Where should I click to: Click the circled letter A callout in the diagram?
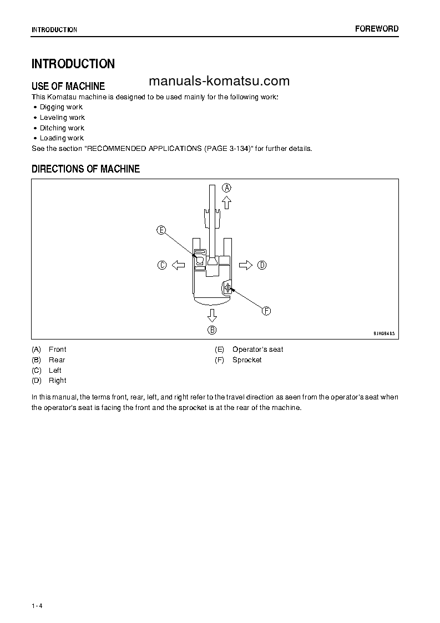click(x=226, y=188)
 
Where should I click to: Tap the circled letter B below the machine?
click(x=212, y=330)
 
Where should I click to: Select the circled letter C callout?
click(x=162, y=265)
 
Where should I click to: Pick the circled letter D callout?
click(x=262, y=265)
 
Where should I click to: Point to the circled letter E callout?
click(x=161, y=230)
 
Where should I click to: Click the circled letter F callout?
click(x=266, y=311)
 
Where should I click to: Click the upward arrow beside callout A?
click(x=226, y=202)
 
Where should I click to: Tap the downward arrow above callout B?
click(x=212, y=316)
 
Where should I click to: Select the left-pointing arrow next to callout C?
click(x=178, y=265)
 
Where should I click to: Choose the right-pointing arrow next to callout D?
click(x=246, y=265)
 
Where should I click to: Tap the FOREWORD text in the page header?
click(x=377, y=29)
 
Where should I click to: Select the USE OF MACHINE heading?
click(x=68, y=86)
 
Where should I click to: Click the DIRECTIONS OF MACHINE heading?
click(x=85, y=169)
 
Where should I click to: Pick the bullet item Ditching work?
click(x=62, y=128)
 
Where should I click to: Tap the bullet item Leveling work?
click(x=62, y=118)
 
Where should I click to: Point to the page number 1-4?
click(x=37, y=605)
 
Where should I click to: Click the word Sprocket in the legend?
click(x=247, y=360)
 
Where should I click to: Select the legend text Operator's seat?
click(x=257, y=350)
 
